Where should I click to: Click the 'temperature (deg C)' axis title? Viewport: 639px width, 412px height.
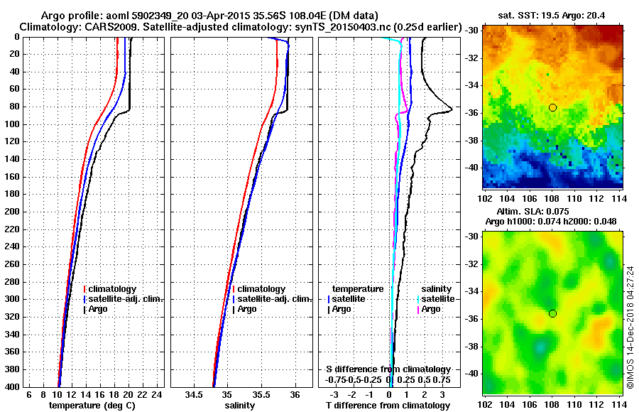coord(92,405)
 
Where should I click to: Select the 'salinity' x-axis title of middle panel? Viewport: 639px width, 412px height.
coord(239,405)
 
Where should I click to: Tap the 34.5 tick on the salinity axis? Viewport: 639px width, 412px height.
coord(194,394)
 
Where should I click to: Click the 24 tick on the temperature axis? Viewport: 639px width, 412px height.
coord(158,394)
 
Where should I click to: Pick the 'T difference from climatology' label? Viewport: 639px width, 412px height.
coord(387,405)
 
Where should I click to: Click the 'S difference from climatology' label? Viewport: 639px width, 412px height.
coord(388,369)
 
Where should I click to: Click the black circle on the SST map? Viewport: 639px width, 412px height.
coord(552,107)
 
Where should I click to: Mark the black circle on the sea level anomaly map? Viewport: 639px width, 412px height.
coord(552,313)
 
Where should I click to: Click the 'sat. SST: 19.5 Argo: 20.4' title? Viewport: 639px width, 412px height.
coord(552,15)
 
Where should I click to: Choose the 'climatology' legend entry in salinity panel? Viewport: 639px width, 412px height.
coord(261,289)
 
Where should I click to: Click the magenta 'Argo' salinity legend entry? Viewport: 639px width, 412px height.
coord(431,309)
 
